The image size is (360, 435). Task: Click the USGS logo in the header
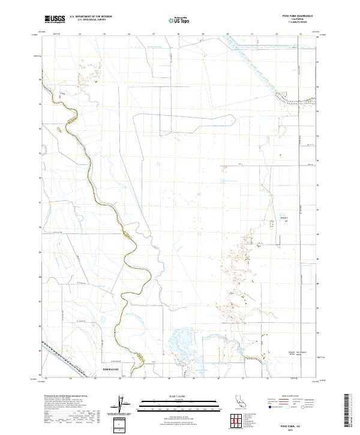[55, 19]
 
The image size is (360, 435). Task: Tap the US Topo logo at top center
[181, 19]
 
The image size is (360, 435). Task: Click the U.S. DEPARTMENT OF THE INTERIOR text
[91, 16]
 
